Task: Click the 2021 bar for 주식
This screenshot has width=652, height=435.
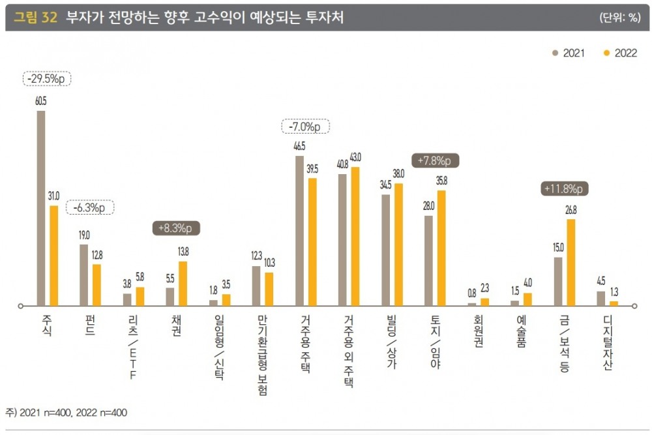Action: coord(41,207)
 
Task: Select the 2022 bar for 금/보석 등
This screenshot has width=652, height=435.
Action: coord(571,262)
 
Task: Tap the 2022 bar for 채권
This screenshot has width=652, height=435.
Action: coord(183,283)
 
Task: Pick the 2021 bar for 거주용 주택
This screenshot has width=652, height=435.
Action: coord(299,230)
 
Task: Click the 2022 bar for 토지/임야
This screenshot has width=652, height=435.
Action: coord(441,248)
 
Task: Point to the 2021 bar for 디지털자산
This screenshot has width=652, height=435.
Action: coord(601,298)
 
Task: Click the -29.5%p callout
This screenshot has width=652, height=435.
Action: coord(47,79)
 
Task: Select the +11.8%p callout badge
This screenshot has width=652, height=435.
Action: coord(565,189)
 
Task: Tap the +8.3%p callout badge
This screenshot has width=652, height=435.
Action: coord(176,228)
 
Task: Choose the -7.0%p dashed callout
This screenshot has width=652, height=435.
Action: coord(305,127)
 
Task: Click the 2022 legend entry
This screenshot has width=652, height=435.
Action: coord(620,53)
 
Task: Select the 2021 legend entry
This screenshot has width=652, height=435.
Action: coord(569,53)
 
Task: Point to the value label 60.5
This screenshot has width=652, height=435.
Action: coord(41,101)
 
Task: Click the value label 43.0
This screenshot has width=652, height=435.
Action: coord(355,157)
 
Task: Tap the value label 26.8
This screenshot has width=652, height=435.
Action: coord(571,210)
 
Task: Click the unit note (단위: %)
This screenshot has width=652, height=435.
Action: coord(619,18)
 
